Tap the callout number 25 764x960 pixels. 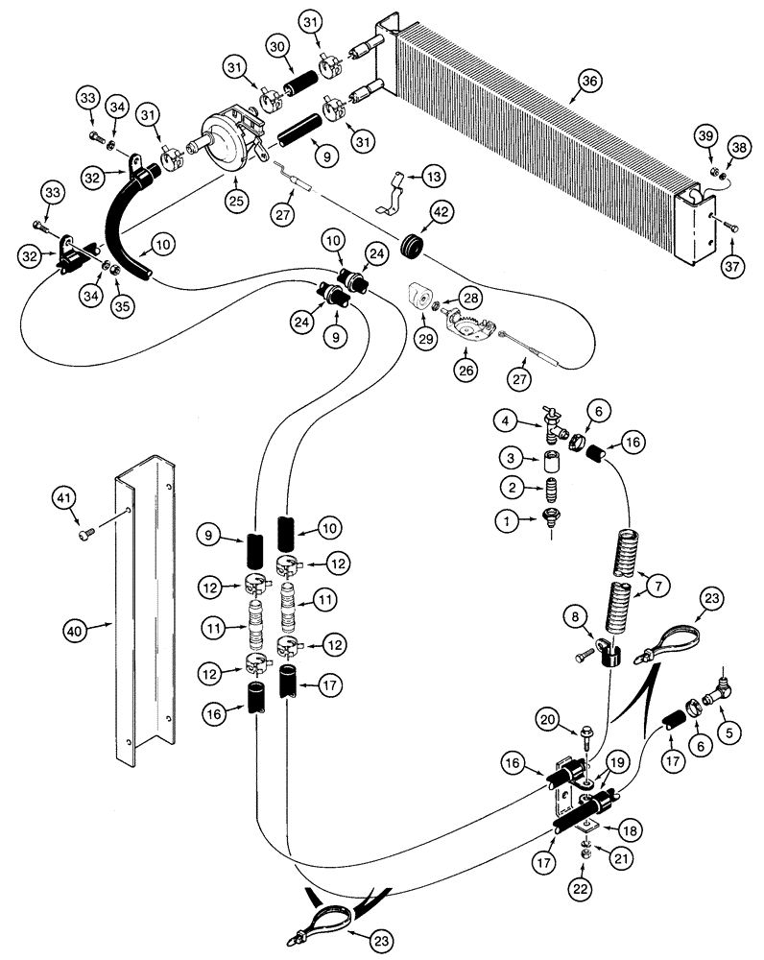click(x=233, y=200)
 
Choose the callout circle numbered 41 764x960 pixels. click(x=63, y=496)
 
